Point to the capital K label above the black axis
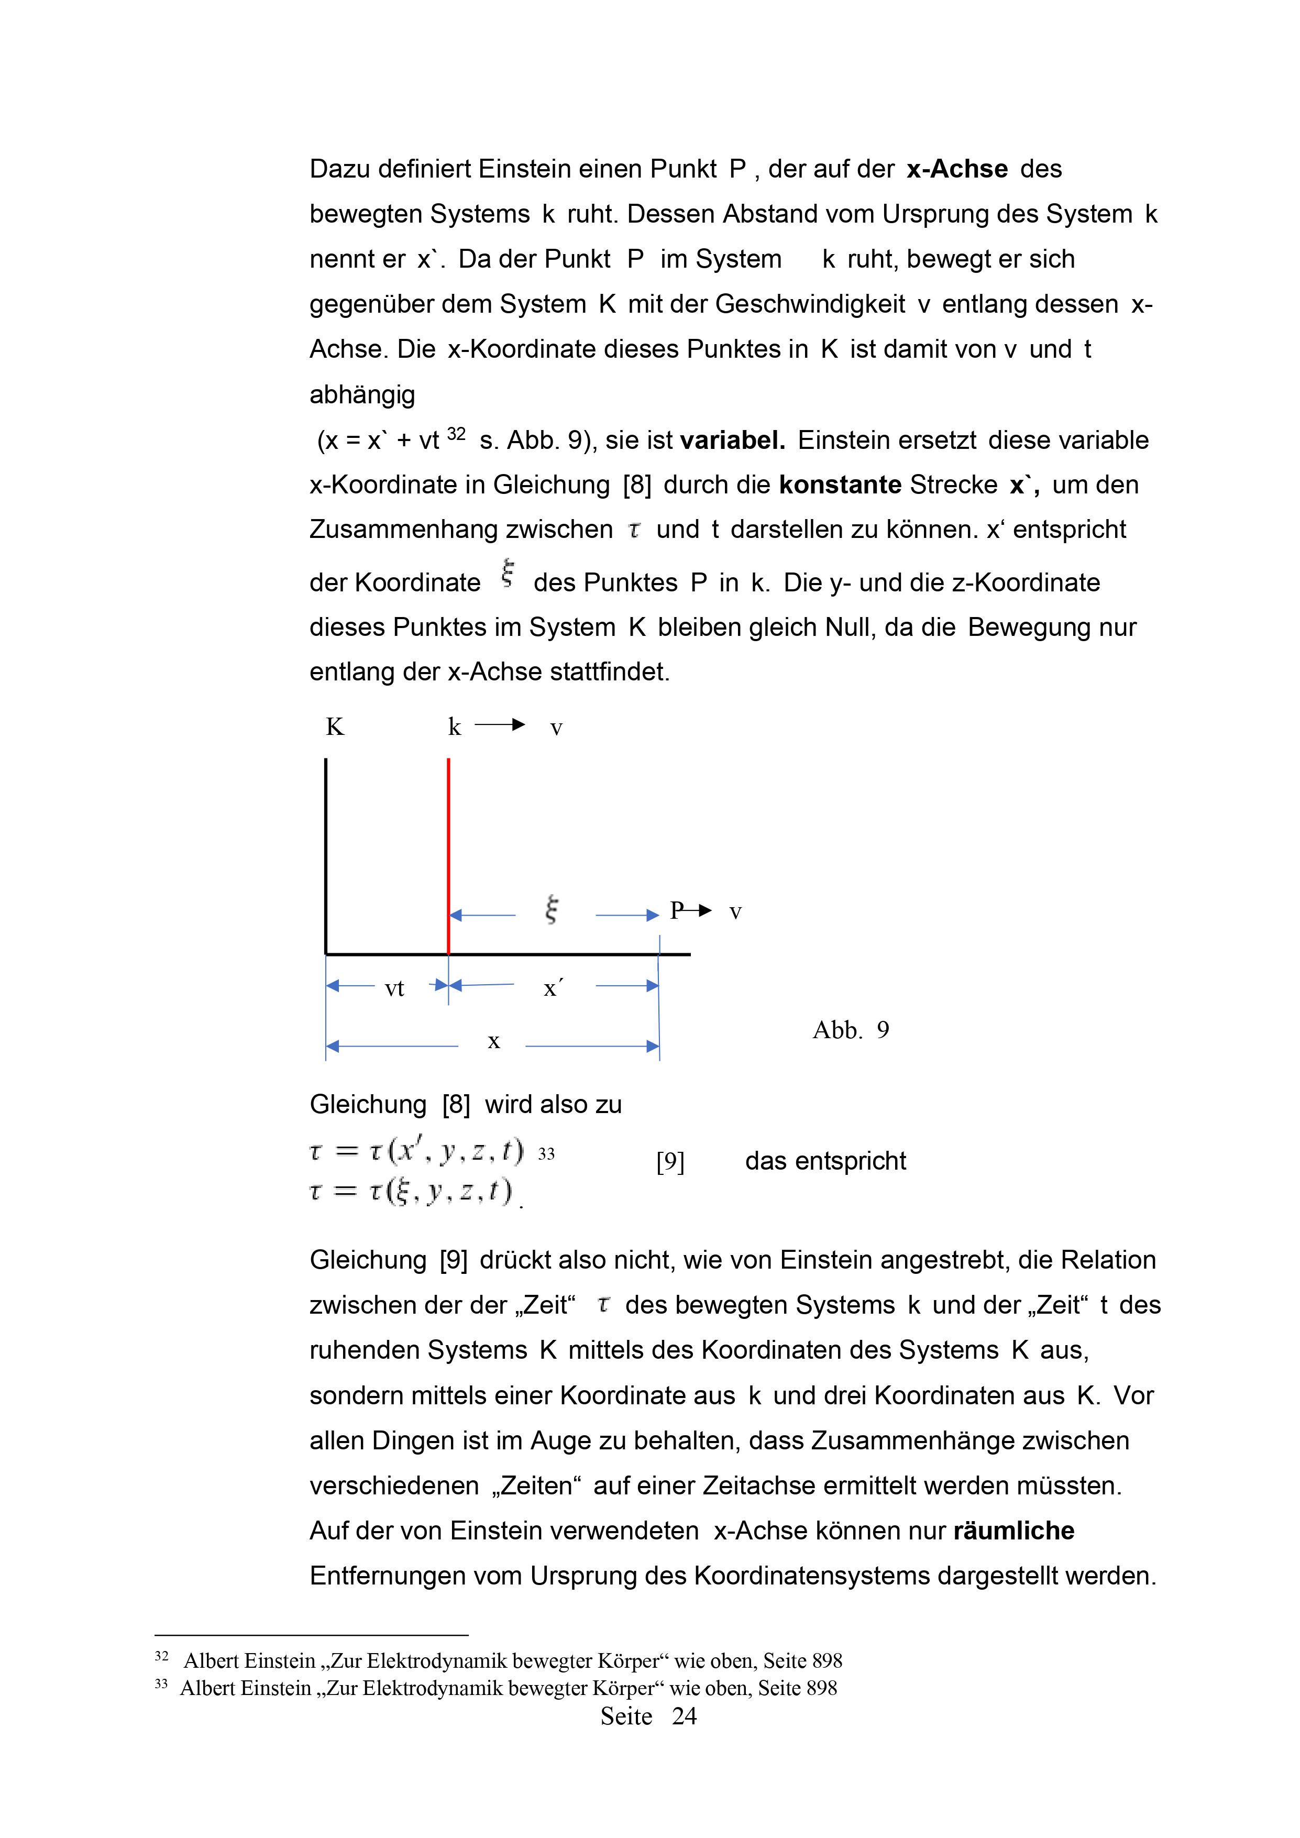(x=335, y=727)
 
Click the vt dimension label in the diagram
(x=394, y=988)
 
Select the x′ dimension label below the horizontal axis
(x=553, y=988)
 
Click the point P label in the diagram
(x=676, y=910)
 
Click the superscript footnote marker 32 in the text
(x=456, y=434)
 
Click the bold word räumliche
(x=1013, y=1531)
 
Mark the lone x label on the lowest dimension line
(x=494, y=1041)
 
